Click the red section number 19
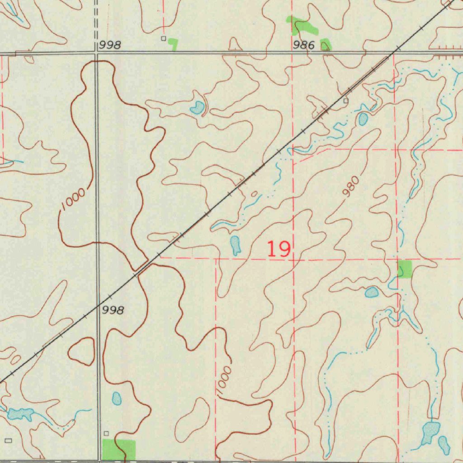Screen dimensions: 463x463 pyautogui.click(x=279, y=249)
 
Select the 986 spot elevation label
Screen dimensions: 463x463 pyautogui.click(x=303, y=45)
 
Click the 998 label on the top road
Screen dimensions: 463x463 pyautogui.click(x=110, y=45)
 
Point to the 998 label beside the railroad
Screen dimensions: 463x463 pyautogui.click(x=113, y=310)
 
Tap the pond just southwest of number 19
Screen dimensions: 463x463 pyautogui.click(x=235, y=245)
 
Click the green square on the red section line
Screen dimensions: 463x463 pyautogui.click(x=405, y=269)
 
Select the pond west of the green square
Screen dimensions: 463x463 pyautogui.click(x=372, y=293)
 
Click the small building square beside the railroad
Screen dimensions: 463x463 pyautogui.click(x=346, y=101)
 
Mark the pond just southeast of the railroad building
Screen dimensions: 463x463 pyautogui.click(x=363, y=119)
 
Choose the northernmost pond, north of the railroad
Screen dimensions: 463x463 pyautogui.click(x=197, y=108)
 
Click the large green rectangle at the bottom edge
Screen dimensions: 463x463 pyautogui.click(x=119, y=449)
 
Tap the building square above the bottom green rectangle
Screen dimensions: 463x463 pyautogui.click(x=106, y=434)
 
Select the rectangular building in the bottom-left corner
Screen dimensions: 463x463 pyautogui.click(x=8, y=440)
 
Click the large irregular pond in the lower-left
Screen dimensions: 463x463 pyautogui.click(x=21, y=413)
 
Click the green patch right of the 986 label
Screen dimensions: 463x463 pyautogui.click(x=326, y=44)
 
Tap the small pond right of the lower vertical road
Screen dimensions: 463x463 pyautogui.click(x=117, y=398)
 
